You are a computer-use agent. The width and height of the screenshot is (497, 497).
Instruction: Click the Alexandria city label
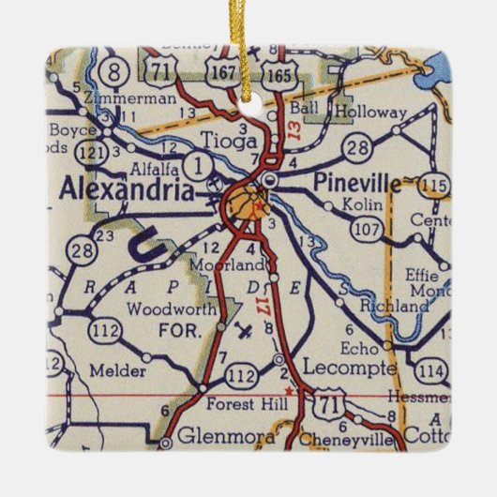coord(128,189)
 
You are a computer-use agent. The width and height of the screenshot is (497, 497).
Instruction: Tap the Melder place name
coord(117,371)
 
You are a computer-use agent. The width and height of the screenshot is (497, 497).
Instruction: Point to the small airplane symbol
coord(244,331)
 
